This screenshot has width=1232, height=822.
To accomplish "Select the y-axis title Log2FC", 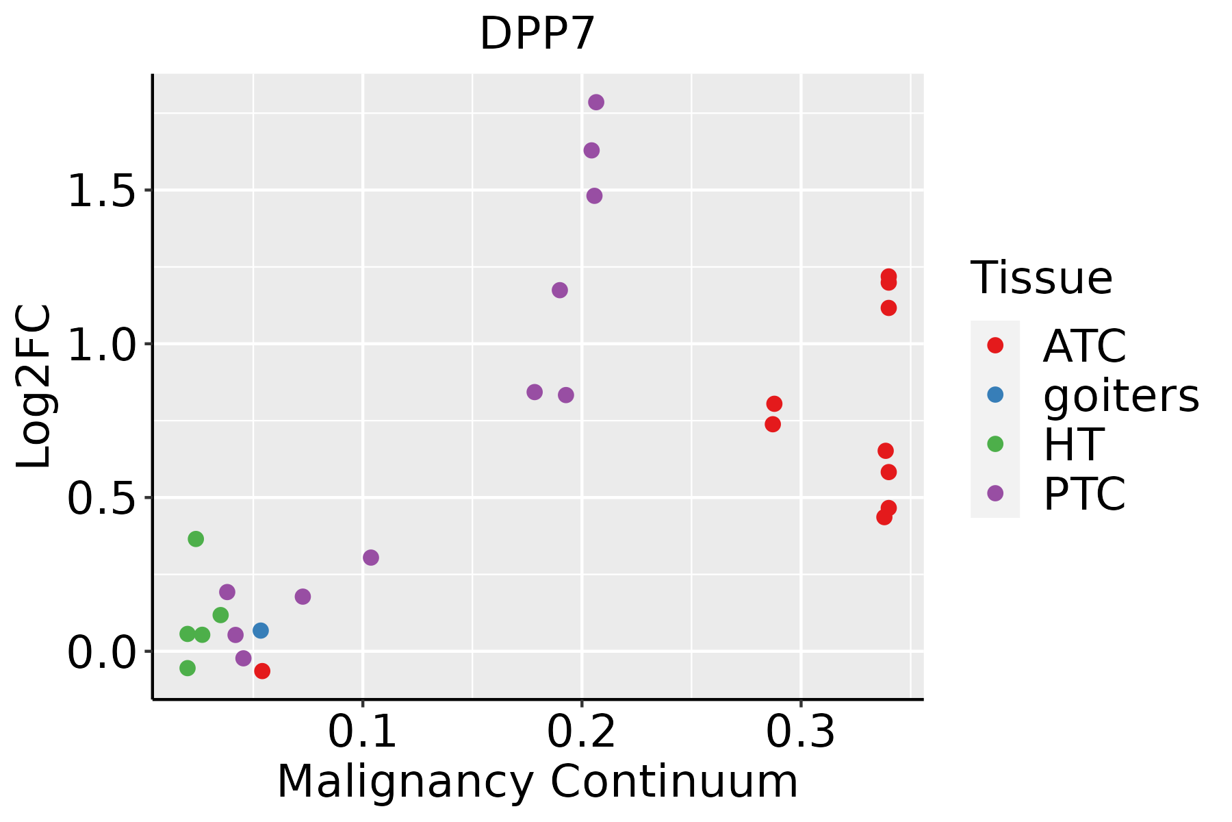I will click(x=34, y=387).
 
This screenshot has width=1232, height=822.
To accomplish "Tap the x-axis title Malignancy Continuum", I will click(x=537, y=781).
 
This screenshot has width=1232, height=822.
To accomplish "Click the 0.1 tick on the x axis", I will click(x=363, y=732).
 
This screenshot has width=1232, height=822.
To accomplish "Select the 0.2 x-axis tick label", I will click(x=582, y=732).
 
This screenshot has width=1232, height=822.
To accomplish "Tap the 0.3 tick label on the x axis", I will click(x=800, y=732).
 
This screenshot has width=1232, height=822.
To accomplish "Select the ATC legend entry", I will click(x=1084, y=346).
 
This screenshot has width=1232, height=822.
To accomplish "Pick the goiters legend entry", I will click(x=1120, y=395).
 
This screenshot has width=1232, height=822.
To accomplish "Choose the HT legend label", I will click(x=1073, y=445).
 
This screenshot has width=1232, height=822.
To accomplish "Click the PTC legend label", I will click(x=1084, y=494).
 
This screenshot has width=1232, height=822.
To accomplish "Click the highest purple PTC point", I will click(x=596, y=102).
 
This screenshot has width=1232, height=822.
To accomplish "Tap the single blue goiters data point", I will click(x=261, y=630).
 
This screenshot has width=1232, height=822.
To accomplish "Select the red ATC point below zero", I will click(x=262, y=671).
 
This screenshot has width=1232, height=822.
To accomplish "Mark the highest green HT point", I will click(x=196, y=539).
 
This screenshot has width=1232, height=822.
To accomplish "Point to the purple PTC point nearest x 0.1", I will click(x=371, y=558).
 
